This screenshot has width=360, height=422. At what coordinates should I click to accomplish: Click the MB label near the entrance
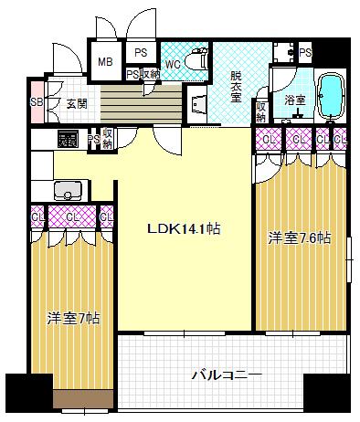click(105, 61)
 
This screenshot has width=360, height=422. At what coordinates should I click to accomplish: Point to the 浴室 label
click(294, 99)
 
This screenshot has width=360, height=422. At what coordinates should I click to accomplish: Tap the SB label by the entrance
click(36, 102)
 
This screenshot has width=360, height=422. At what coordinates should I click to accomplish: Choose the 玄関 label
click(76, 103)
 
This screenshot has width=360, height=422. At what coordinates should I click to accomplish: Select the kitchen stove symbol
click(67, 140)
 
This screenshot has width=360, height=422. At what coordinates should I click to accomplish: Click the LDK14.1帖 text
click(184, 229)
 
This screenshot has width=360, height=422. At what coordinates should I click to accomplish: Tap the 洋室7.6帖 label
click(299, 238)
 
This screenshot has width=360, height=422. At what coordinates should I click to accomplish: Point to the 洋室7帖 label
click(74, 318)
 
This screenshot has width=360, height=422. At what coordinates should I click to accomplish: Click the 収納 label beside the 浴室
click(261, 111)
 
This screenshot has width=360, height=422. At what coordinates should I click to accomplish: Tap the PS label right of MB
click(140, 53)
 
